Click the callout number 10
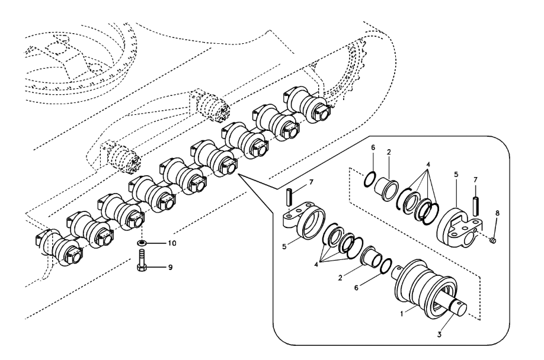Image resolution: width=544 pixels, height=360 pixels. click(x=172, y=243)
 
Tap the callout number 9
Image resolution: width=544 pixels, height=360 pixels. click(x=170, y=268)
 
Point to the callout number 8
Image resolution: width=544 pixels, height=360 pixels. click(x=497, y=213)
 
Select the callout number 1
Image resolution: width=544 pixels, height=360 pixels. click(x=401, y=314)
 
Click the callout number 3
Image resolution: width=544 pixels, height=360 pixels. click(x=439, y=335)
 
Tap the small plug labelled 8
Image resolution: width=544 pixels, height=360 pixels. click(x=494, y=240)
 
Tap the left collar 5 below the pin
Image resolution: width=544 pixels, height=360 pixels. click(x=304, y=220)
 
